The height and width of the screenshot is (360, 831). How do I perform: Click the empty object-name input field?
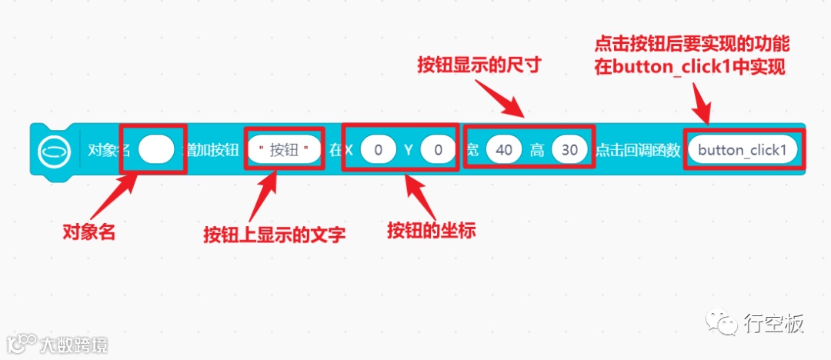156,150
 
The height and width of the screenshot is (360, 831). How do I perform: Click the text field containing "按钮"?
284,150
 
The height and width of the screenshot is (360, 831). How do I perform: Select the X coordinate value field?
378,150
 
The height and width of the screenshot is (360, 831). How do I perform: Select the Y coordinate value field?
438,150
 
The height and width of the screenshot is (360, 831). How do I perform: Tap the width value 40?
504,150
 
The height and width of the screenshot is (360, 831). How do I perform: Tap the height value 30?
569,150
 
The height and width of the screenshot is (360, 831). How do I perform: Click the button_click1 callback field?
743,150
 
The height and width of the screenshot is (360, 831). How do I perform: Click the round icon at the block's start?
54,150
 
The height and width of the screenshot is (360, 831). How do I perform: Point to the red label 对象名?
88,232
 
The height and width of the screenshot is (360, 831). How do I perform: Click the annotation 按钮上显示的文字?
274,234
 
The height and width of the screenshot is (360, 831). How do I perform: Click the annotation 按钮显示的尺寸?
480,65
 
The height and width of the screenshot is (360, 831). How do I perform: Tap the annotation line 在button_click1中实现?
689,67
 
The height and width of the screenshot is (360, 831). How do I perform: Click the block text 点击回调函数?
638,150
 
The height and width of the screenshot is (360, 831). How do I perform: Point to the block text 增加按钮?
210,150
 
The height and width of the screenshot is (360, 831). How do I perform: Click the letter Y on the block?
409,150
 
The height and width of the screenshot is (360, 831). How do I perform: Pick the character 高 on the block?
536,150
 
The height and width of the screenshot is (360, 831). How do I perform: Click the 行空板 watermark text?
773,324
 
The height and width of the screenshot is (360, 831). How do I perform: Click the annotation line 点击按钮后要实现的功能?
692,44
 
